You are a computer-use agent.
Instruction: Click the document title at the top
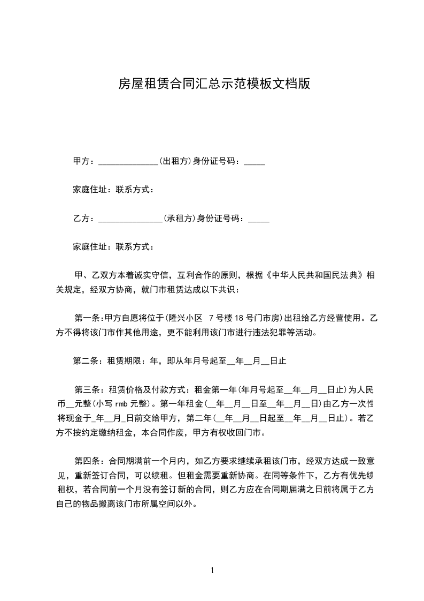click(214, 84)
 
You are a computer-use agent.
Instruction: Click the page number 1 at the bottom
click(212, 570)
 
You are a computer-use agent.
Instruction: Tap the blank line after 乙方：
click(130, 219)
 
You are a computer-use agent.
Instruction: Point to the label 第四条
click(87, 461)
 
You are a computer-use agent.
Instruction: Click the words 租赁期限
click(125, 361)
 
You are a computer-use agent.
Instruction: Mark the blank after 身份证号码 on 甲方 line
click(254, 161)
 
